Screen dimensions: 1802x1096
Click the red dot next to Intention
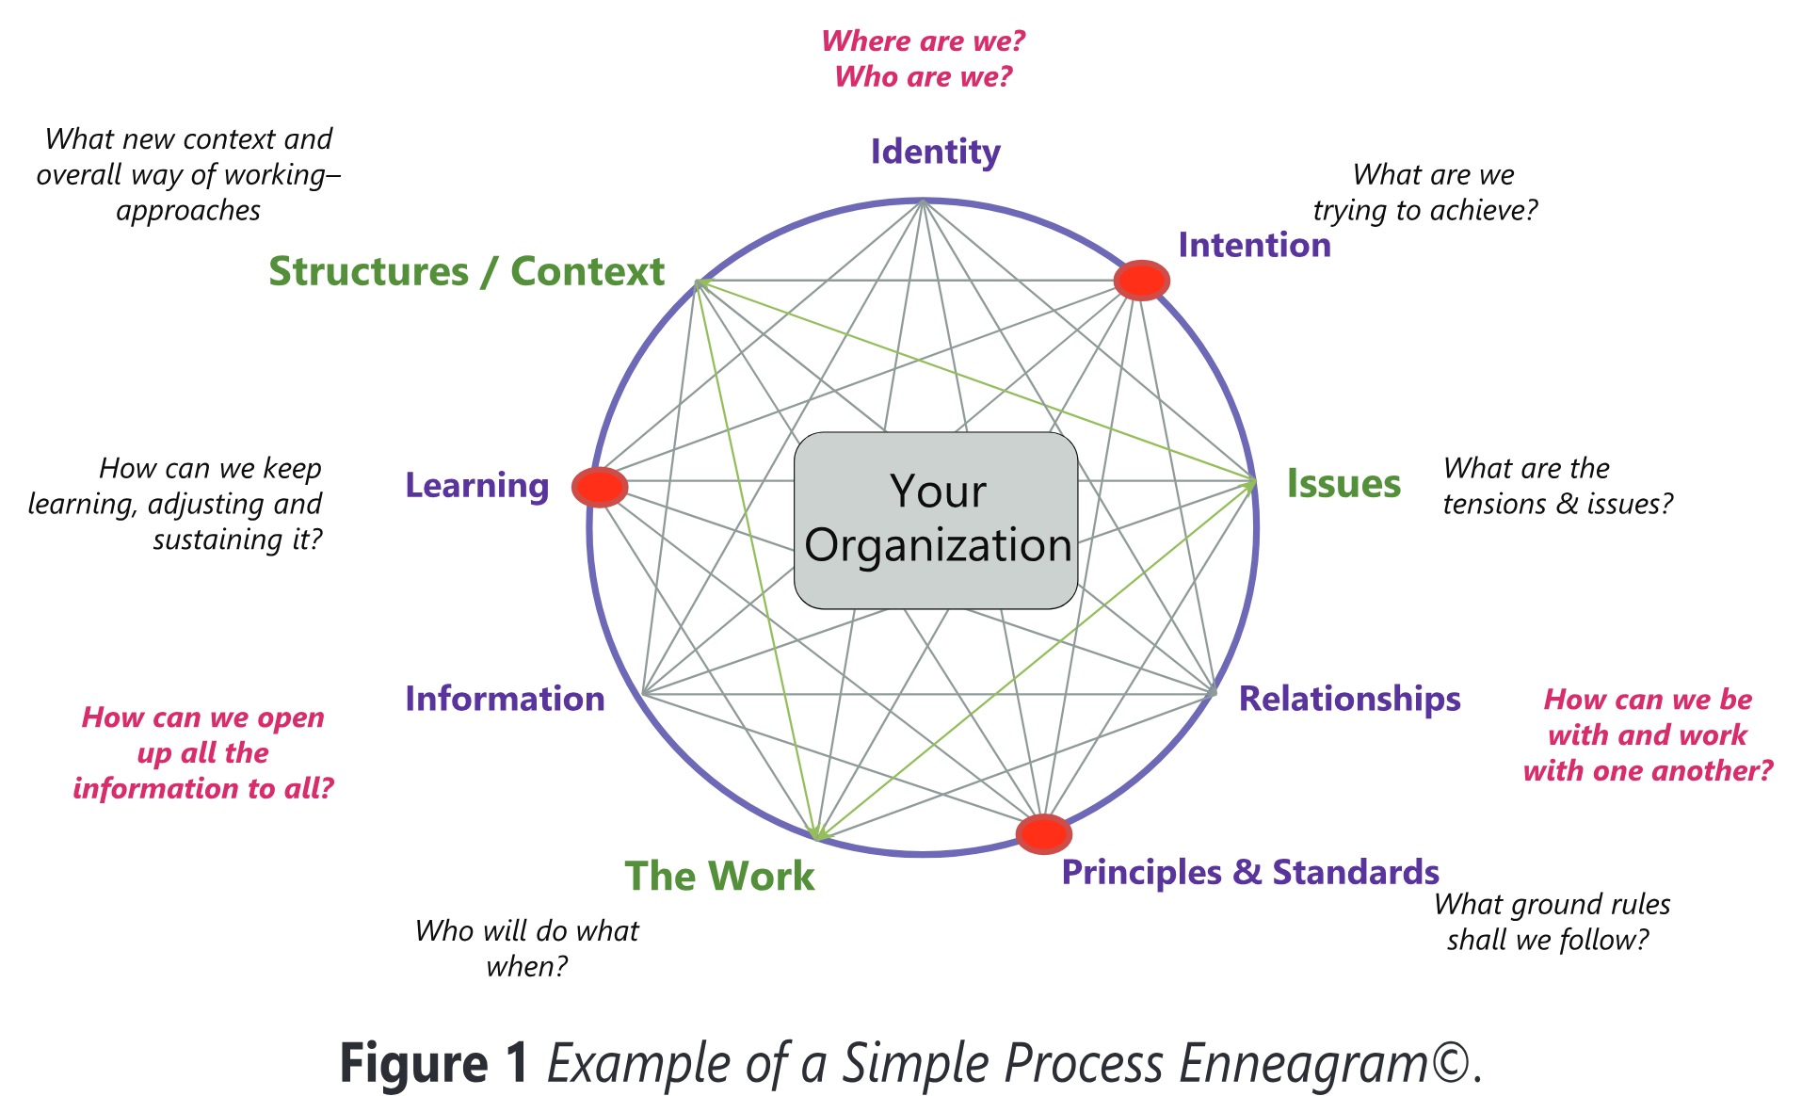click(x=1141, y=280)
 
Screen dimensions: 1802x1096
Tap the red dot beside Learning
click(x=600, y=486)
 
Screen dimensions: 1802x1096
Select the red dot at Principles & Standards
click(x=1043, y=833)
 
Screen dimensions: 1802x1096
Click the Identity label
click(x=935, y=152)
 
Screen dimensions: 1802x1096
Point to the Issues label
click(x=1343, y=483)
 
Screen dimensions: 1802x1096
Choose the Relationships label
click(x=1349, y=699)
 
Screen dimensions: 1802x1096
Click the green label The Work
click(x=719, y=876)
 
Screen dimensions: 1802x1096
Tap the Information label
click(x=505, y=699)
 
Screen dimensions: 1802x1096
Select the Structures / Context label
click(x=467, y=271)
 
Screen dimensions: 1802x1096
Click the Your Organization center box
click(x=936, y=521)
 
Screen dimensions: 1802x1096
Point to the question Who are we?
click(x=924, y=76)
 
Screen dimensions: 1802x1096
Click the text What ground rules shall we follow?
click(x=1552, y=922)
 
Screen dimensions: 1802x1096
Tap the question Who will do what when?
click(x=527, y=948)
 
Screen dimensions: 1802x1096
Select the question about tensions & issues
click(x=1558, y=486)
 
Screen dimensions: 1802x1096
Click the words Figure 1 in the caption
click(x=434, y=1064)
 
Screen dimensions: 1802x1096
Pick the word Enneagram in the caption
click(x=1305, y=1064)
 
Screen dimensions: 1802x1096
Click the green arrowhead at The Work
click(x=817, y=831)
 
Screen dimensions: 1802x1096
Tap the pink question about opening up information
click(x=203, y=752)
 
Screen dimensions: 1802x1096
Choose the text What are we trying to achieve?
click(x=1425, y=192)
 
